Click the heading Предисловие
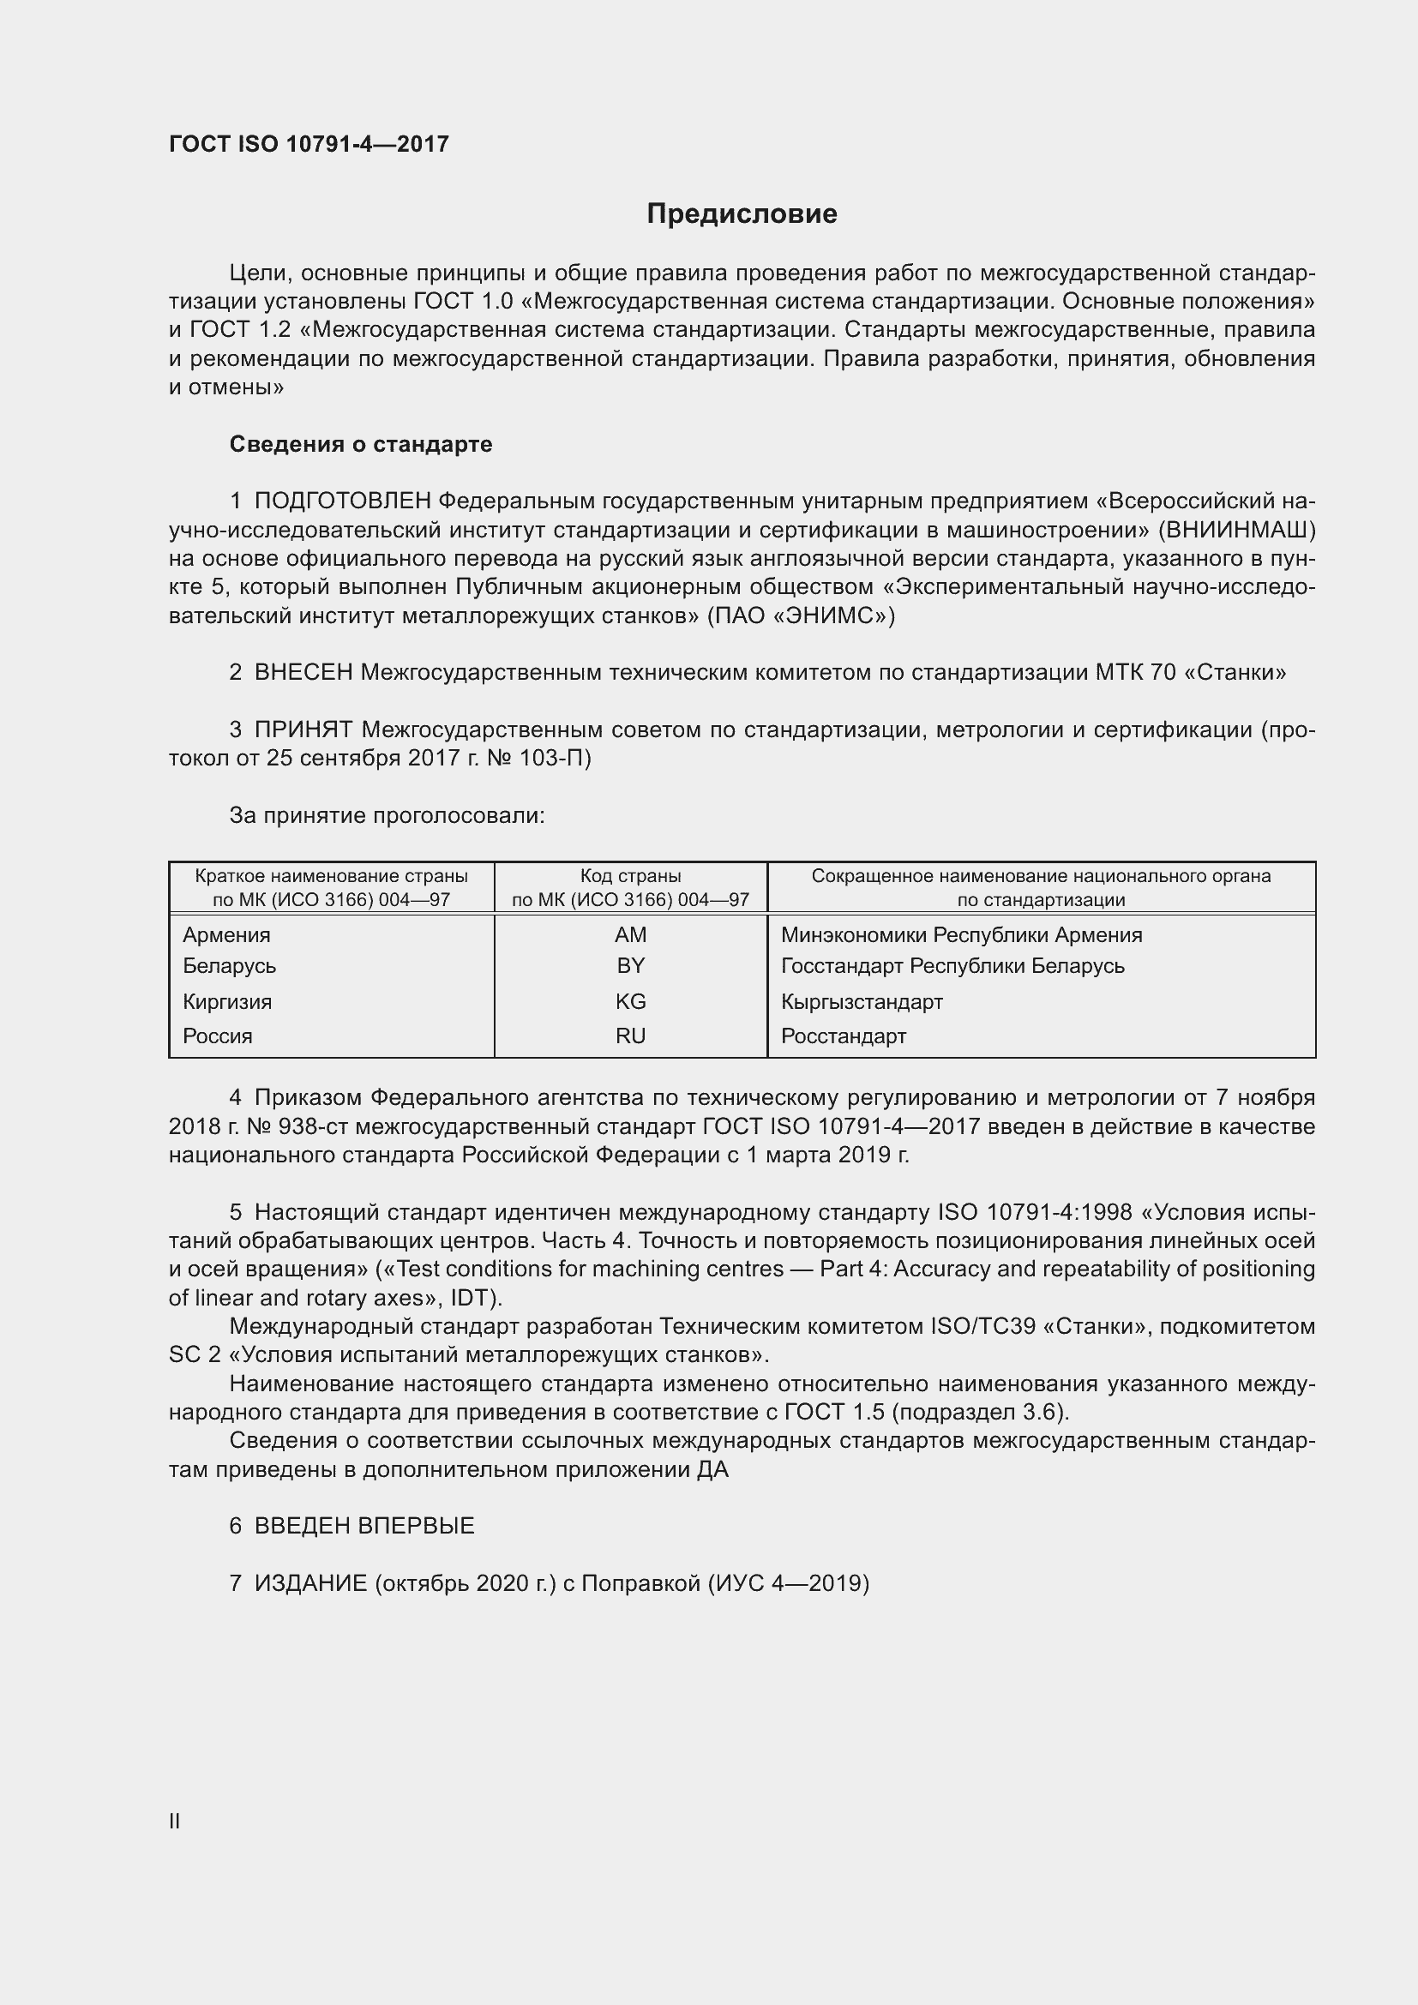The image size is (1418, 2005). [x=742, y=214]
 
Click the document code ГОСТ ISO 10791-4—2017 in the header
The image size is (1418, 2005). [x=309, y=144]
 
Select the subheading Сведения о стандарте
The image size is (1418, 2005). [x=361, y=445]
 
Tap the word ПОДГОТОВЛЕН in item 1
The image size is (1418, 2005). [x=342, y=501]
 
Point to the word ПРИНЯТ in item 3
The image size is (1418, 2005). [x=303, y=729]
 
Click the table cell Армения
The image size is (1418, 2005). [x=226, y=935]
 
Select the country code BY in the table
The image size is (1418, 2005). [x=629, y=966]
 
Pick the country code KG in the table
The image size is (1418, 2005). [x=629, y=1001]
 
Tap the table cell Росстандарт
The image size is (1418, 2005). [x=844, y=1036]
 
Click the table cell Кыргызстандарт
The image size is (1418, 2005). [x=862, y=1001]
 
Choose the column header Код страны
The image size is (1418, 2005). [x=629, y=876]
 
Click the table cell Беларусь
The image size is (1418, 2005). [x=229, y=966]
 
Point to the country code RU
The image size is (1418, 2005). [x=629, y=1036]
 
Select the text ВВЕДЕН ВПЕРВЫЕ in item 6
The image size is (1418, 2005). [x=364, y=1526]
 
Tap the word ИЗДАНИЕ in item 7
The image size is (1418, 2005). [x=311, y=1583]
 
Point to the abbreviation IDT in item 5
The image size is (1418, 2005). [x=472, y=1298]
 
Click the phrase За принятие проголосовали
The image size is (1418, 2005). [x=387, y=815]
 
